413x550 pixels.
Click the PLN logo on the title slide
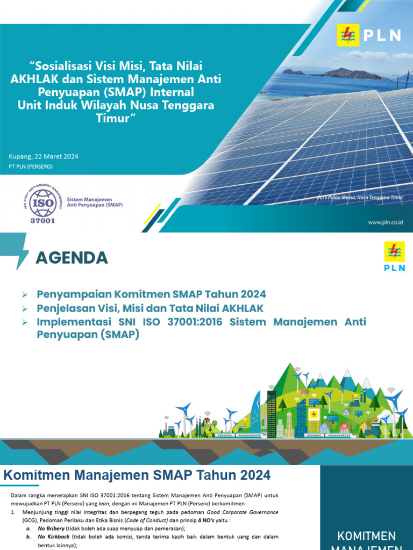click(x=369, y=35)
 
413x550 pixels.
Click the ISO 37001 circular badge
click(x=42, y=205)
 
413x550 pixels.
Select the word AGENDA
click(x=72, y=258)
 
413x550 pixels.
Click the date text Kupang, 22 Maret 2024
click(x=44, y=156)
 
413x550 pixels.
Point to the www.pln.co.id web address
click(x=385, y=222)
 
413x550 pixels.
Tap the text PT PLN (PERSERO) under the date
click(x=31, y=167)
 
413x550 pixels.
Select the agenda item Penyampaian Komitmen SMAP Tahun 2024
click(x=151, y=294)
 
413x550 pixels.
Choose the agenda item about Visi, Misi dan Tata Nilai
click(x=149, y=308)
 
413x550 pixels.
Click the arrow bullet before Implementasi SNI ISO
click(x=25, y=322)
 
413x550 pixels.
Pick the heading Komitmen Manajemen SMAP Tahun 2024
click(x=137, y=475)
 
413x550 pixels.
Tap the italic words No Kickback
click(x=53, y=537)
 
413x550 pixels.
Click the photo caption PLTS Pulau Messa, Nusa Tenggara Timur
click(x=361, y=198)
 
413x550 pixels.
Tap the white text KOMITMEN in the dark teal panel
click(x=366, y=536)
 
